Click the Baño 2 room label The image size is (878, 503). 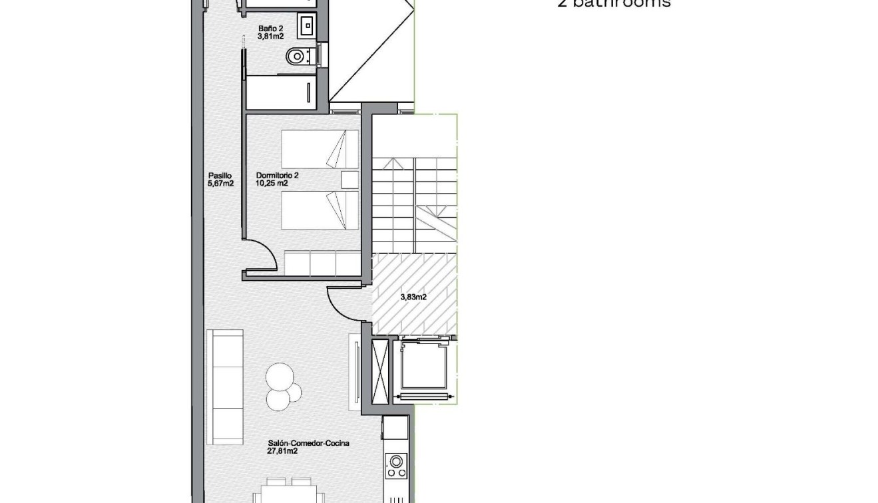point(271,29)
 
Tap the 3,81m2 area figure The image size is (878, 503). point(271,37)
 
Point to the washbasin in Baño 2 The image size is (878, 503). point(308,26)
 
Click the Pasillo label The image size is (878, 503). point(220,176)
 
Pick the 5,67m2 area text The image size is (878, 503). point(221,184)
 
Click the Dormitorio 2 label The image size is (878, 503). point(278,176)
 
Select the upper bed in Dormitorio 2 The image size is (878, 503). point(320,148)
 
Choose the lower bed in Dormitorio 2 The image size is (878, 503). point(320,210)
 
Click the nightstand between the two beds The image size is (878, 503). point(349,180)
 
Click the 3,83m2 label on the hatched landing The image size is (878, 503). point(413,297)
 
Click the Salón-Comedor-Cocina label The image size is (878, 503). point(309,443)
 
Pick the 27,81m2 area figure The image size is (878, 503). point(283,451)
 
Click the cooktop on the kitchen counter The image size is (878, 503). point(397,465)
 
